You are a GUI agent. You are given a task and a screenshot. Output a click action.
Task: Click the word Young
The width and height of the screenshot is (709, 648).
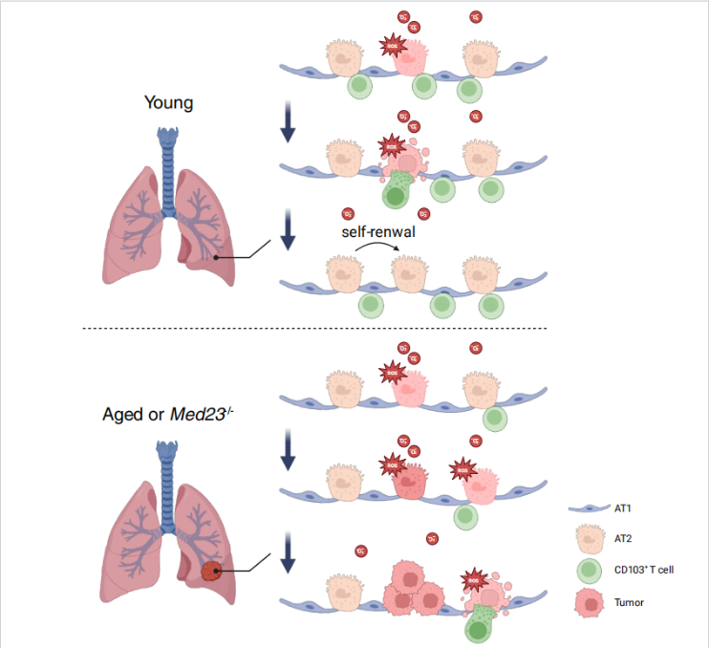[168, 102]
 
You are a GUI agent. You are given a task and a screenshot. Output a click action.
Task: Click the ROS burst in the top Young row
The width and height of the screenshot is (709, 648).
[391, 44]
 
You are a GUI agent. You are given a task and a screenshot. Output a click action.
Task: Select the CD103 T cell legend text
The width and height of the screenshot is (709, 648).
[645, 571]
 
